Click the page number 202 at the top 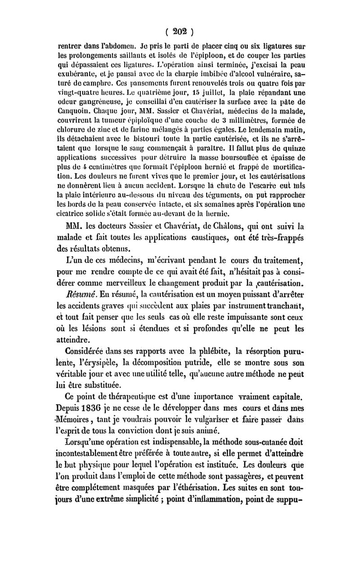point(180,32)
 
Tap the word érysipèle point(93,387)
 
